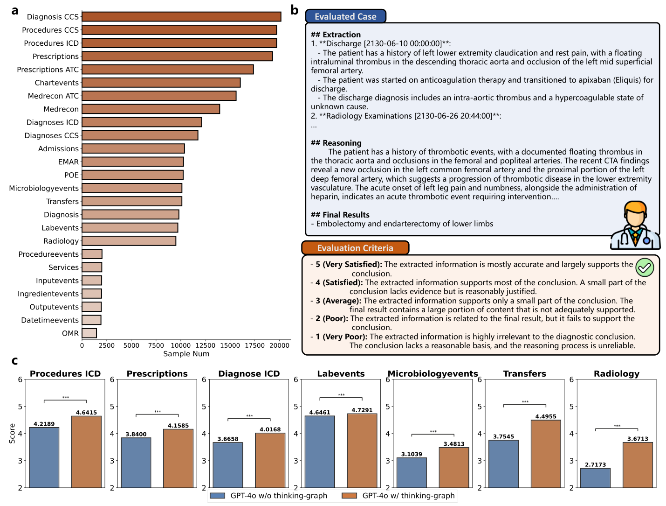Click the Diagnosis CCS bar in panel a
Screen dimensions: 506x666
pyautogui.click(x=181, y=17)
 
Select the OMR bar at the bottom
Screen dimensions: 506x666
pyautogui.click(x=89, y=333)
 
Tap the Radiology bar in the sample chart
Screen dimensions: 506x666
pyautogui.click(x=129, y=241)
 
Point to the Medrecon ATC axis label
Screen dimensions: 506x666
pyautogui.click(x=53, y=96)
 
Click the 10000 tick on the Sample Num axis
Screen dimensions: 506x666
pyautogui.click(x=180, y=345)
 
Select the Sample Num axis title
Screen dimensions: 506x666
pyautogui.click(x=186, y=354)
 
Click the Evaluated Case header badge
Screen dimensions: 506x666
pyautogui.click(x=345, y=16)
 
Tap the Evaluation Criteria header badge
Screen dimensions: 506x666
pyautogui.click(x=355, y=248)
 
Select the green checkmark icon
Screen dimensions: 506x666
pyautogui.click(x=645, y=267)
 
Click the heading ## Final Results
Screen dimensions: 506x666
pyautogui.click(x=340, y=215)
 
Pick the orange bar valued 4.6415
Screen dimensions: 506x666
pyautogui.click(x=86, y=451)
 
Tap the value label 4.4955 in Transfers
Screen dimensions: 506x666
pyautogui.click(x=546, y=416)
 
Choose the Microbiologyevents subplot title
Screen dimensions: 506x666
pyautogui.click(x=433, y=373)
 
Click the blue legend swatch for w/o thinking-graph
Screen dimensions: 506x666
pyautogui.click(x=218, y=496)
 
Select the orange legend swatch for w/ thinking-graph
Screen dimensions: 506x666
pyautogui.click(x=350, y=496)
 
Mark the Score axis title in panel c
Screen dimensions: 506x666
pyautogui.click(x=12, y=433)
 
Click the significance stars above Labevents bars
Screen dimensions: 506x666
pyautogui.click(x=341, y=395)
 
